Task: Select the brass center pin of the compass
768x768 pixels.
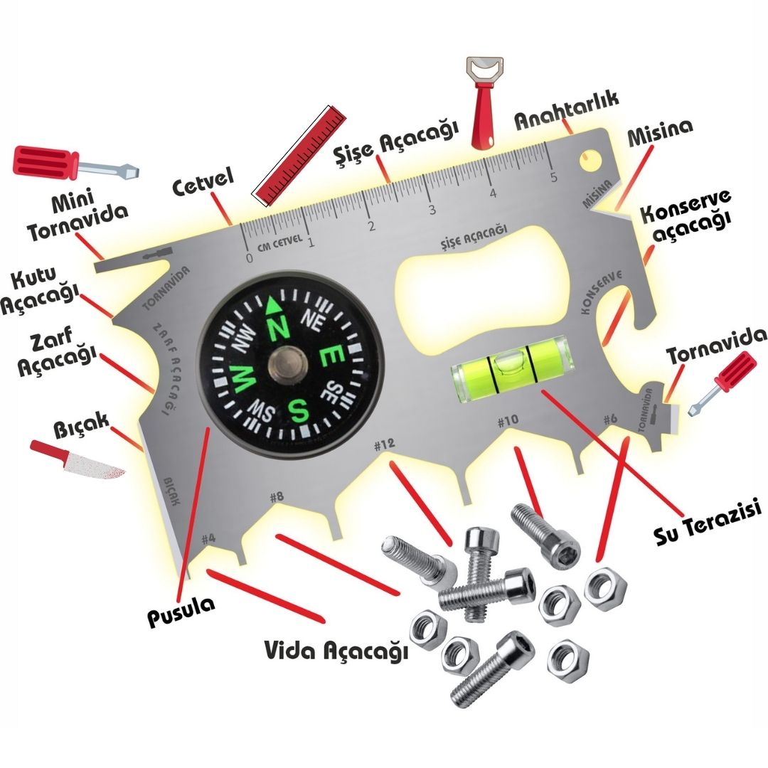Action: click(288, 366)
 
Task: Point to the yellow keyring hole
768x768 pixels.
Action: click(592, 160)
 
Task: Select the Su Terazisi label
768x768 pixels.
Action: click(708, 523)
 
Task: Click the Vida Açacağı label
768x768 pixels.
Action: click(336, 651)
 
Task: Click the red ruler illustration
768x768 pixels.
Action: click(299, 156)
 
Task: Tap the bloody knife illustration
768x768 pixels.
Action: click(78, 460)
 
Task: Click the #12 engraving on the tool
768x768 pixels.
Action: click(384, 444)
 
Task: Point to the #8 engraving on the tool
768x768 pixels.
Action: click(277, 496)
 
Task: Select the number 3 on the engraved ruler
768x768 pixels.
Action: click(432, 210)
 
